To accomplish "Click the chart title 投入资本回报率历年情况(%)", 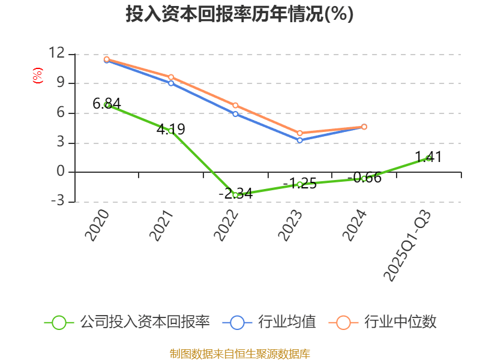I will tap(239, 14).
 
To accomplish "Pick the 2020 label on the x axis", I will tap(97, 225).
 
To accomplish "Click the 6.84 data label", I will tap(106, 103).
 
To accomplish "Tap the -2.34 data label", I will tap(235, 193).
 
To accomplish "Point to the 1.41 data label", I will tap(428, 157).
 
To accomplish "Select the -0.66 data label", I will tap(365, 178).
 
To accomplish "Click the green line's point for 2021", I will tap(171, 131).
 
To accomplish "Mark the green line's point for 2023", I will tap(300, 184).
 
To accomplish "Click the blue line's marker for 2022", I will tap(235, 113).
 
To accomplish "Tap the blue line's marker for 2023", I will tap(300, 140).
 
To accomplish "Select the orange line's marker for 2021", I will tap(171, 77).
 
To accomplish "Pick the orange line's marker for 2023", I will tap(300, 133).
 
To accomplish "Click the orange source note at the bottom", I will tap(239, 354).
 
